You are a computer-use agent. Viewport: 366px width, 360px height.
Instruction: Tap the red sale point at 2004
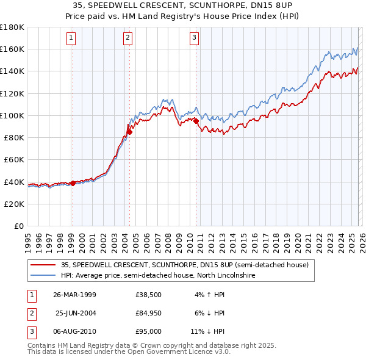[x=129, y=132]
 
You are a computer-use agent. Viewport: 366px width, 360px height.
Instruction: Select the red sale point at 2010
[x=196, y=121]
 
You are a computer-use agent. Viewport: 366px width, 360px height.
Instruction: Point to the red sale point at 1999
[x=73, y=183]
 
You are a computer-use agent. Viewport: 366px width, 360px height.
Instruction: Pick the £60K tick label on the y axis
[x=13, y=159]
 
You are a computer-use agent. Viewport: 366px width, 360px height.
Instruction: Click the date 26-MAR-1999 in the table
[x=75, y=295]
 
